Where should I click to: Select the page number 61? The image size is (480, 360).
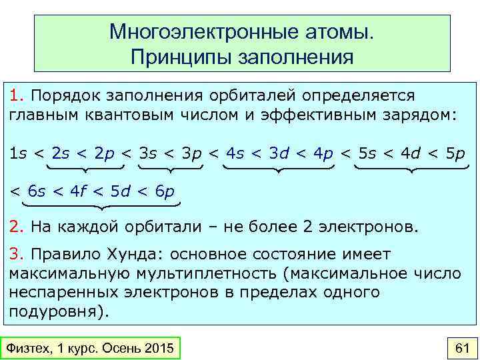point(461,348)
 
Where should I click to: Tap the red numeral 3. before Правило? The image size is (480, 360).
point(16,255)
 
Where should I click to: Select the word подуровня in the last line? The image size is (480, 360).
point(55,311)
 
